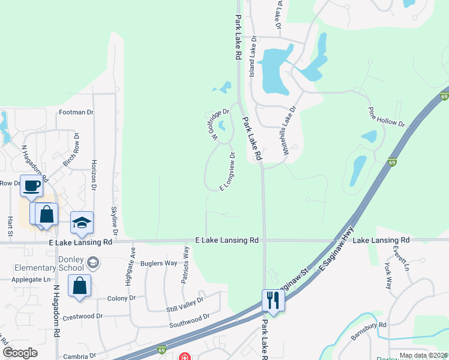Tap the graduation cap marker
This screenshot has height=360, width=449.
point(82,223)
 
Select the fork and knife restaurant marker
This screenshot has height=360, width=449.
point(273,299)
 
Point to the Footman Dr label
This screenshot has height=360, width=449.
point(77,112)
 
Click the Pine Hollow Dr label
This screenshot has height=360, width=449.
point(387,118)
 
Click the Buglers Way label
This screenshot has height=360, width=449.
point(158,263)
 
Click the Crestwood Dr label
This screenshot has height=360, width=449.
point(83,316)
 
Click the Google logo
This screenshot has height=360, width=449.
point(20,352)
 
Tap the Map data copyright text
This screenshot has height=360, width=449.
point(423,355)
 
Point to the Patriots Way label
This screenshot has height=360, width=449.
point(186,265)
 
